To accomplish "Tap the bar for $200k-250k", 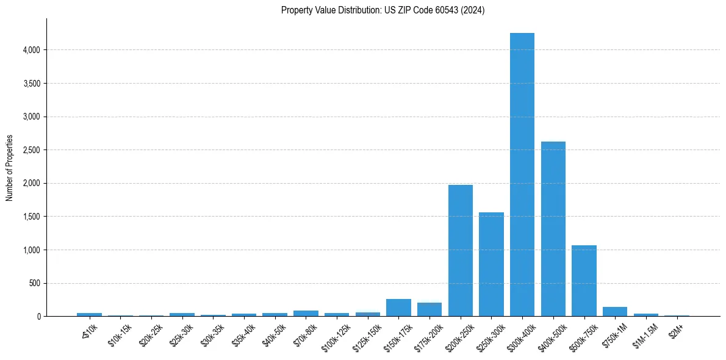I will click(461, 250).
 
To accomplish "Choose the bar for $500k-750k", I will click(584, 281).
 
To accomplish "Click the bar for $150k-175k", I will click(398, 308).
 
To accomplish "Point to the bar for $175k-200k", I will click(429, 309).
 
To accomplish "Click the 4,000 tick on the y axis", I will click(32, 50).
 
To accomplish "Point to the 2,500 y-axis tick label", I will click(32, 150).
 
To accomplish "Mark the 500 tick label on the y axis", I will click(35, 283).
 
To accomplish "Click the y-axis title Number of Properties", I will click(9, 168).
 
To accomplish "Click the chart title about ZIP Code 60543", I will click(383, 10).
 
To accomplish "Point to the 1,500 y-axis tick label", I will click(32, 217).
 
